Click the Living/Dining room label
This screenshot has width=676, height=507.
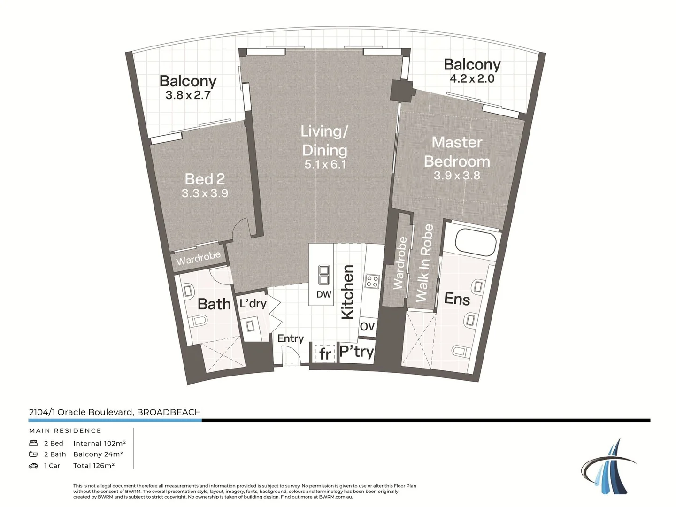point(324,140)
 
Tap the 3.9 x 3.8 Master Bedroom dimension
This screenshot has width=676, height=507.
point(457,176)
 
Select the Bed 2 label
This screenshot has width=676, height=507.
point(205,179)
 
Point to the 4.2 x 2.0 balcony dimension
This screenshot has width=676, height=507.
point(472,79)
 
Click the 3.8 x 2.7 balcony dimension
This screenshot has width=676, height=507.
point(188,95)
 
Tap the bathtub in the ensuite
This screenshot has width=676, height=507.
point(476,241)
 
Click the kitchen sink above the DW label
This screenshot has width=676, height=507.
point(324,275)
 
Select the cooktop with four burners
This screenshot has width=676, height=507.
point(372,281)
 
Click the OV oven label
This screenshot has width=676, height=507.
point(367,326)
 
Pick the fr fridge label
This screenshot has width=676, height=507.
point(325,354)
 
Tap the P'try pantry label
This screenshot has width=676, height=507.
point(356,351)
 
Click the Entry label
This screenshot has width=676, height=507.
point(290,338)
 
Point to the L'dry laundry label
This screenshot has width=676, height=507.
point(253,304)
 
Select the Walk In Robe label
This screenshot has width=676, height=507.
point(424,262)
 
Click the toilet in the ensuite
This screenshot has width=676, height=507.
point(460,351)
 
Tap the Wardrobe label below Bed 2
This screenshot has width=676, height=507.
point(198,258)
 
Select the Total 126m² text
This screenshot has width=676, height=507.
point(94,466)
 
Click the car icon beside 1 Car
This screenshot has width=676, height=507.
point(33,466)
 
